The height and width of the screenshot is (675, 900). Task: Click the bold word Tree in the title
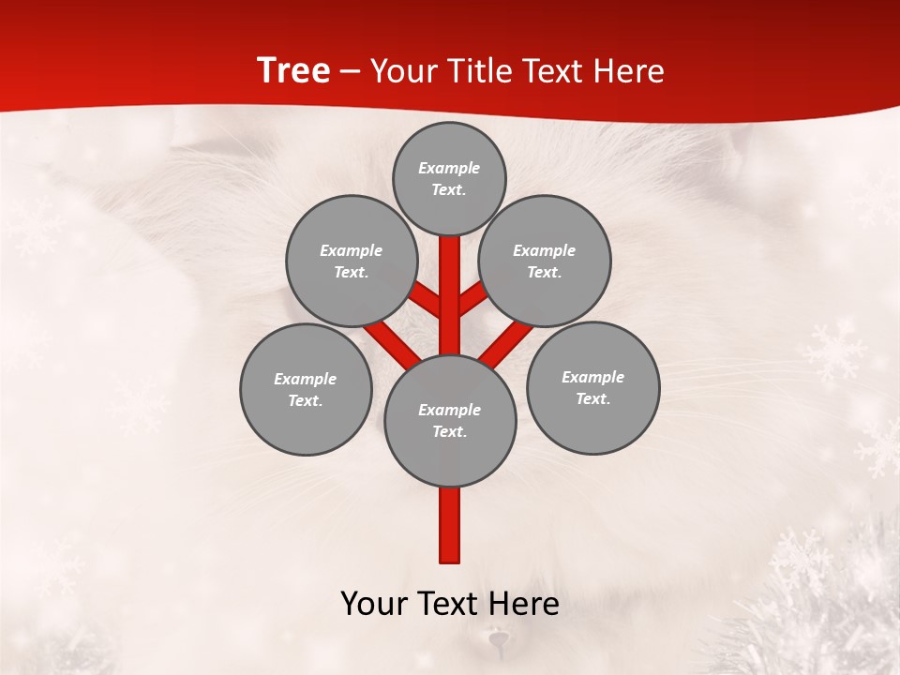293,71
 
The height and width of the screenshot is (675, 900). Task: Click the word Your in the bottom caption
373,604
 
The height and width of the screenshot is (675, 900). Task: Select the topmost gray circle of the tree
449,178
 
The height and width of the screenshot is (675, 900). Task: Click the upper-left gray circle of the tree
352,261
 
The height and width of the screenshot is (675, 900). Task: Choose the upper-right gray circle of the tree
545,261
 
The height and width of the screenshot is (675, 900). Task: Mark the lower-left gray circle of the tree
306,389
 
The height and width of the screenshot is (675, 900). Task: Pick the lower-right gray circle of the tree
592,387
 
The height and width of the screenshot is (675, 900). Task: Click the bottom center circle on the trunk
450,420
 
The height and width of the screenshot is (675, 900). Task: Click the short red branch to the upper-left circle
427,300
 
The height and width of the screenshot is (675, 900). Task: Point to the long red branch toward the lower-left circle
392,343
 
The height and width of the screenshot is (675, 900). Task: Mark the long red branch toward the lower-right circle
506,343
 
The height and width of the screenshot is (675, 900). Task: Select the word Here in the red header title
630,71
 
